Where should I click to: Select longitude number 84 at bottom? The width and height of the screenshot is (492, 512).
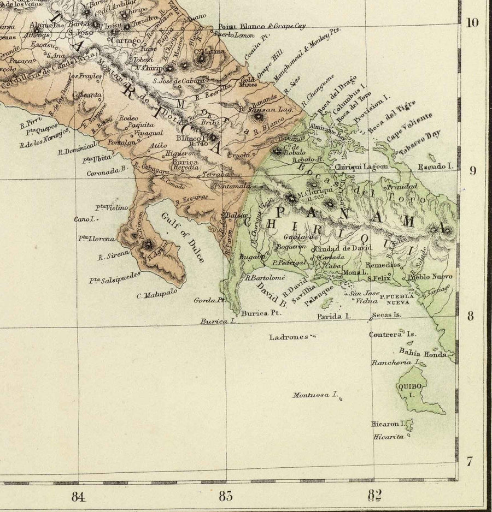point(79,496)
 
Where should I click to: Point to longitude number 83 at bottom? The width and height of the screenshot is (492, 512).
point(226,496)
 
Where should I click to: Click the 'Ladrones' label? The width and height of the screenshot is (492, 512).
point(289,337)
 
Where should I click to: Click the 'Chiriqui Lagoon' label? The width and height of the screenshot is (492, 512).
point(354,166)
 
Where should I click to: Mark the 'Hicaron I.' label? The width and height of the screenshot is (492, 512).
point(387,424)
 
